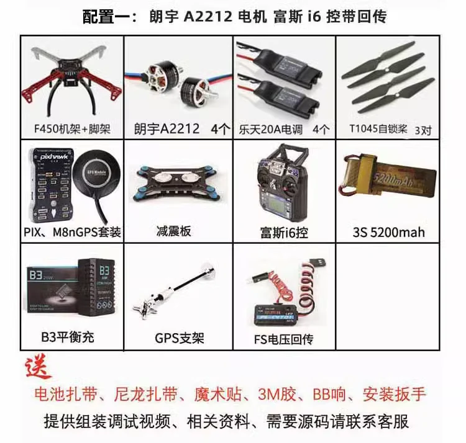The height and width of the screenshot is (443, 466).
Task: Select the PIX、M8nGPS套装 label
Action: [x=71, y=233]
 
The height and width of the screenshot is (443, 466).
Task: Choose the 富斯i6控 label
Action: [x=284, y=233]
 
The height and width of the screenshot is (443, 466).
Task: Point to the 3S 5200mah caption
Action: [x=388, y=233]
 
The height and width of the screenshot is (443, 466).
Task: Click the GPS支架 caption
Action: [x=179, y=339]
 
